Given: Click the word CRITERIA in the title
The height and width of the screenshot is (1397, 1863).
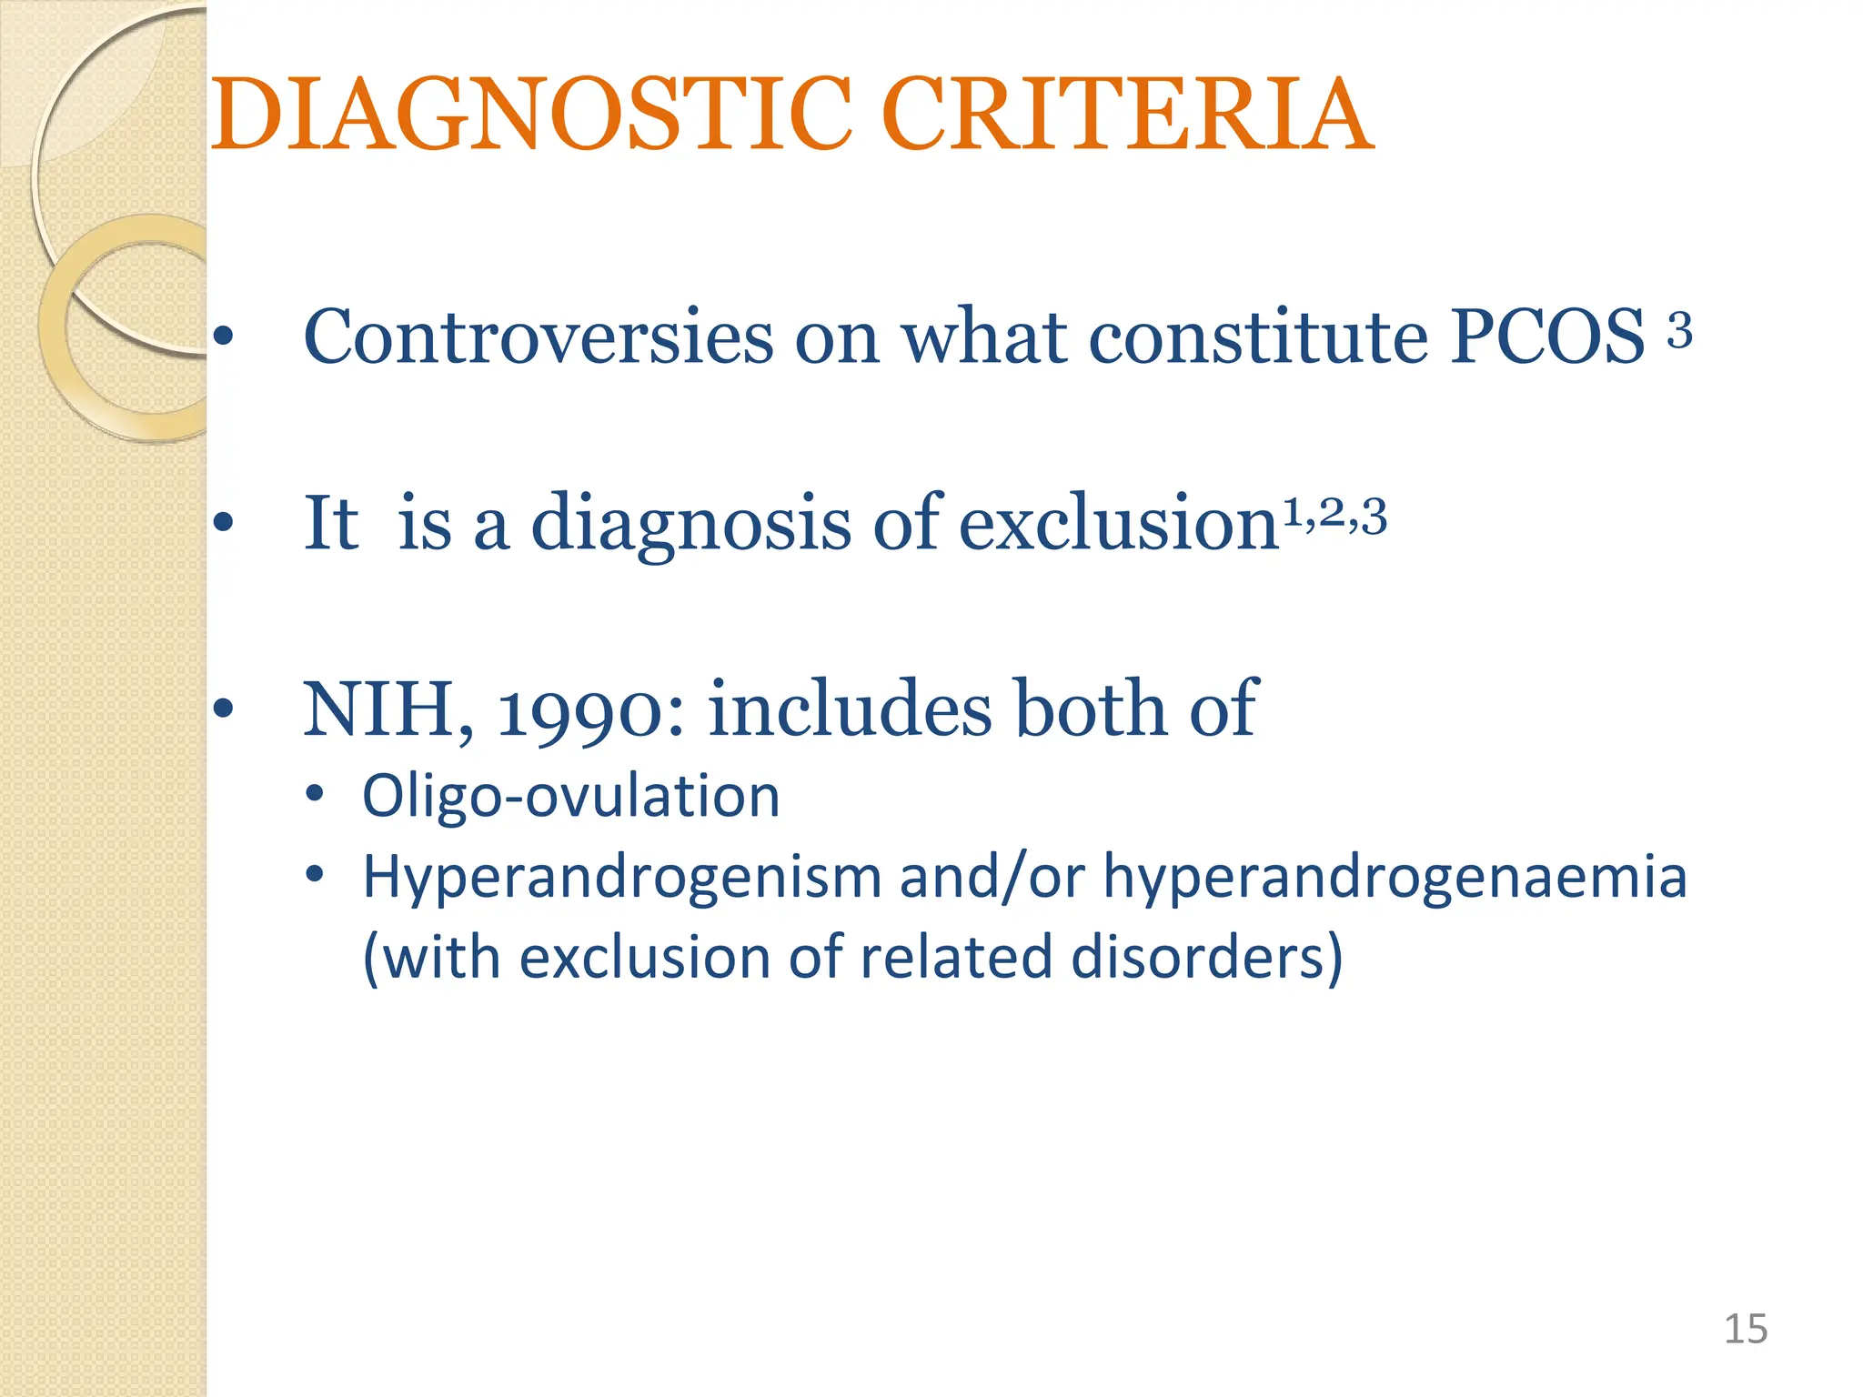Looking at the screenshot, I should [1127, 116].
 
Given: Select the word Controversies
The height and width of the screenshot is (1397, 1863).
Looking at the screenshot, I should [539, 337].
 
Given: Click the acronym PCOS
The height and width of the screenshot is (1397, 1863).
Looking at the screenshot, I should [1547, 337].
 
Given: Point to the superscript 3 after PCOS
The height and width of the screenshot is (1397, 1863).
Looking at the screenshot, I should [1679, 330].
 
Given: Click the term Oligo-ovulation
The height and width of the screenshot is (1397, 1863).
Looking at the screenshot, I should [570, 797].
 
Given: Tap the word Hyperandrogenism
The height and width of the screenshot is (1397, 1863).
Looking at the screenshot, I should [622, 878].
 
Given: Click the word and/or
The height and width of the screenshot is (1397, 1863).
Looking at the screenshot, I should [992, 878].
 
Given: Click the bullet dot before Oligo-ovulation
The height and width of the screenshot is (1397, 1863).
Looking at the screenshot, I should [315, 794].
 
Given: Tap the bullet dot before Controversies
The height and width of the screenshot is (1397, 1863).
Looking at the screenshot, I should [223, 337].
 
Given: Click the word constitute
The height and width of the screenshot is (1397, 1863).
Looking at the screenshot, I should [1259, 337].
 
